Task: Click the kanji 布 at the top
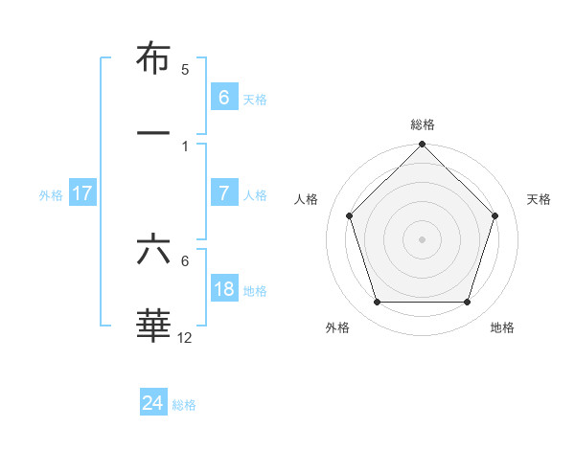coord(153,59)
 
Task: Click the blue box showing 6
coord(223,98)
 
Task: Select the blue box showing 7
coord(223,193)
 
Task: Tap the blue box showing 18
coord(223,289)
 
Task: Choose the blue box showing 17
coord(82,193)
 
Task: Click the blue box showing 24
coord(152,403)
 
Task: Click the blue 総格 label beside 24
coord(184,405)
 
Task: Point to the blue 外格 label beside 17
coord(51,194)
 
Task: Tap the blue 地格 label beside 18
coord(255,290)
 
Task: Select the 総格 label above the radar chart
coord(423,124)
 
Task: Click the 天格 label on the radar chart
coord(539,199)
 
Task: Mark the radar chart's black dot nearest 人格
coord(349,215)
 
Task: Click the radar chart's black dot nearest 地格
coord(467,302)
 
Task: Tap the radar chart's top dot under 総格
coord(422,146)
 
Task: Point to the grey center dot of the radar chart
coord(422,239)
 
